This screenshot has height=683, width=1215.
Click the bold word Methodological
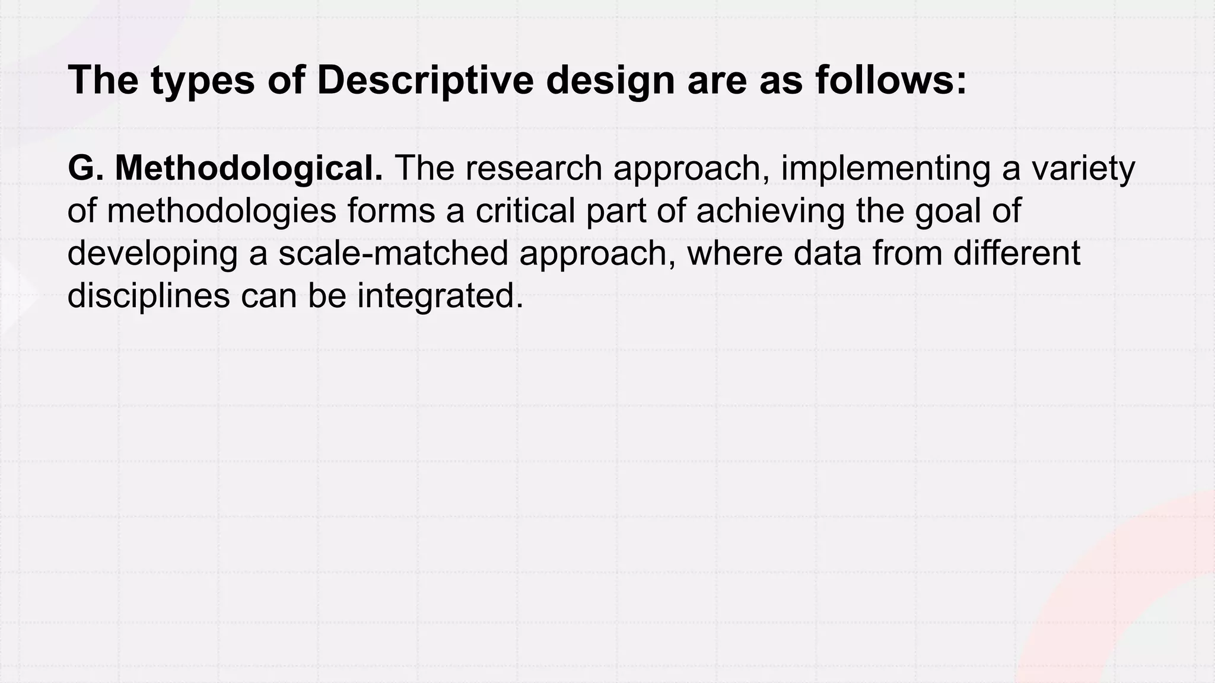[249, 168]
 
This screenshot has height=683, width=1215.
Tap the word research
[533, 168]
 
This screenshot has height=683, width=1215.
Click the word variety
[1083, 168]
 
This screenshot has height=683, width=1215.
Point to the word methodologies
[221, 210]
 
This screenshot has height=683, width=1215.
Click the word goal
[944, 210]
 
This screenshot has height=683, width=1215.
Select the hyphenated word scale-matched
[393, 253]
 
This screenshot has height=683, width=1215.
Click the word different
[1017, 253]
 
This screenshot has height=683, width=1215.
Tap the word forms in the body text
[391, 210]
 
